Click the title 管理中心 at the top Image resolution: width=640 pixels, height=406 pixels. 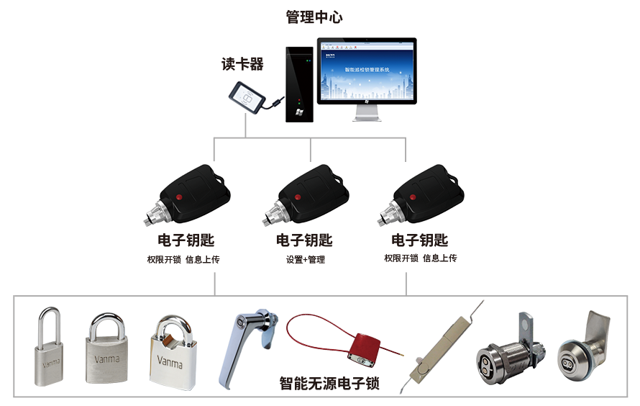314,17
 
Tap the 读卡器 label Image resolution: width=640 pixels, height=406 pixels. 242,65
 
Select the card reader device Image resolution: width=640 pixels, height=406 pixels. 247,99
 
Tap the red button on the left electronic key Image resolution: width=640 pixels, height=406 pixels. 180,196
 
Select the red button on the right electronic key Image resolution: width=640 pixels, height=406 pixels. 413,196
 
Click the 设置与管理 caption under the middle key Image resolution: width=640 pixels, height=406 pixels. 306,259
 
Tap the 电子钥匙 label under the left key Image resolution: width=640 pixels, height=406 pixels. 186,240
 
